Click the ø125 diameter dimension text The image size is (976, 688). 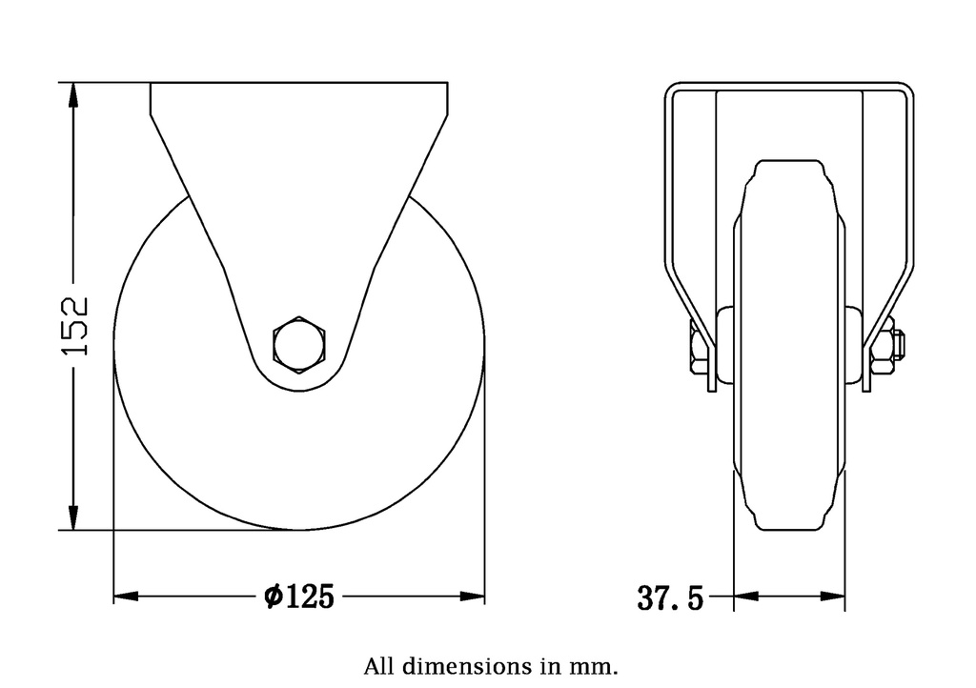point(298,597)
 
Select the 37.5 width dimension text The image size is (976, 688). point(669,598)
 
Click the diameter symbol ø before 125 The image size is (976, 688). point(272,597)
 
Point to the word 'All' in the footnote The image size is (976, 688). point(376,664)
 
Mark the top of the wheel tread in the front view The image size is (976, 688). point(788,163)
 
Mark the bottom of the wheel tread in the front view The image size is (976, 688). point(788,528)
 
